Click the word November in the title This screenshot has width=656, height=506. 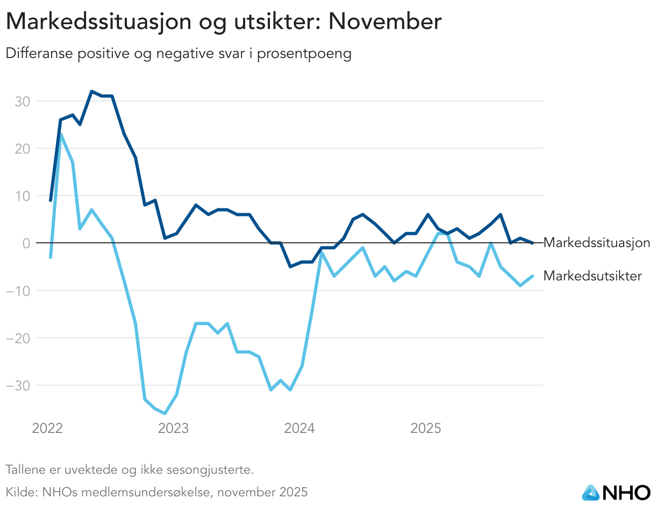click(384, 22)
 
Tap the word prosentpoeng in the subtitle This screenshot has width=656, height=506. click(304, 54)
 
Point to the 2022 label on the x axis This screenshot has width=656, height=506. click(47, 429)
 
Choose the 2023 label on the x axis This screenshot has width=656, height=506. click(173, 429)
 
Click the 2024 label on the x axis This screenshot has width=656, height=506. click(300, 429)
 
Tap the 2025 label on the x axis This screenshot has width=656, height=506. click(426, 429)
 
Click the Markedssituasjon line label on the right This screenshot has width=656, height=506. click(597, 243)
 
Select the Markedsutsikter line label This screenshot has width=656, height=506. click(593, 276)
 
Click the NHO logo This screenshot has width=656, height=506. click(616, 491)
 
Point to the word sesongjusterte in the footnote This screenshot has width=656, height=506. click(215, 470)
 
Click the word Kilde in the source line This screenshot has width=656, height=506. click(18, 492)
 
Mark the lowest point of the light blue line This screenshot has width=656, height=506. click(165, 414)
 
